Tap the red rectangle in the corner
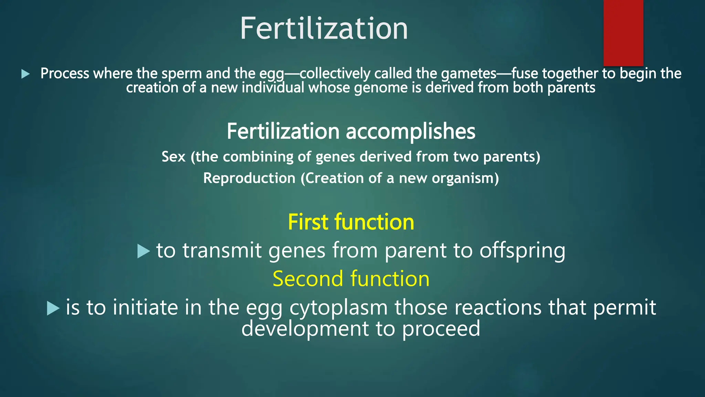pos(623,33)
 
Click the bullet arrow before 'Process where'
pos(25,74)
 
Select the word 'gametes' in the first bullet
pos(469,73)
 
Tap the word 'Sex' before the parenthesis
pos(173,157)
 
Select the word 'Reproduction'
pos(249,178)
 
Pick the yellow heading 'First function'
pos(351,222)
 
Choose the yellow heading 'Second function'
pos(351,278)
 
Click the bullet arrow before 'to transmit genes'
pos(143,251)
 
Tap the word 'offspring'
pos(522,251)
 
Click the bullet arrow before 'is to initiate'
pos(53,308)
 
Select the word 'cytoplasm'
pos(338,308)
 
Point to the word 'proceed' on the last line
pos(441,329)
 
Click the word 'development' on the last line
pos(305,329)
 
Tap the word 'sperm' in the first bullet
pos(181,74)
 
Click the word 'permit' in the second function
pos(624,308)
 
